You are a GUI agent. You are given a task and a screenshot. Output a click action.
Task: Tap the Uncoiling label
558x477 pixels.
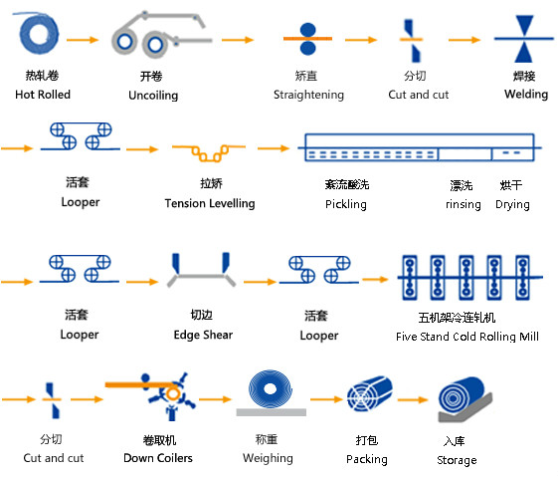point(153,96)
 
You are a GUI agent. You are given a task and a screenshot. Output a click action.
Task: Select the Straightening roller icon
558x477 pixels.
point(307,39)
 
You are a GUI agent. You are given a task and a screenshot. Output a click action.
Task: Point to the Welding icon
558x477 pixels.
point(524,39)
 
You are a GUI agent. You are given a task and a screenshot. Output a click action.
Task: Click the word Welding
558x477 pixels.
point(526,95)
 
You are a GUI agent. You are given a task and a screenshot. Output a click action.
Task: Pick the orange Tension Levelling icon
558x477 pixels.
point(209,152)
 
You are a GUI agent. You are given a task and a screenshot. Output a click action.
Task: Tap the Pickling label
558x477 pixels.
point(346,204)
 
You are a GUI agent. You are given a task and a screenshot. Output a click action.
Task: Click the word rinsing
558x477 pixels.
point(463,204)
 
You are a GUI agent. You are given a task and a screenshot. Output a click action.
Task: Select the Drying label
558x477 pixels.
point(512,204)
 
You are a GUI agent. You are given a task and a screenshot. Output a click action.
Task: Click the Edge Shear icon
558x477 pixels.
point(202,270)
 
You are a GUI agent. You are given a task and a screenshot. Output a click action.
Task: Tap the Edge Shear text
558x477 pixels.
point(203,335)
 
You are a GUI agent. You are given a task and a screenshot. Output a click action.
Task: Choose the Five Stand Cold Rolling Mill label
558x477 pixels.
point(467,337)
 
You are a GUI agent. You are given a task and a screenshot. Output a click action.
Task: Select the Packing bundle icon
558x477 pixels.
point(370,393)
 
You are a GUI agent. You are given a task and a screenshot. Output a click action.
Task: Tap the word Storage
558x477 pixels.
point(457,460)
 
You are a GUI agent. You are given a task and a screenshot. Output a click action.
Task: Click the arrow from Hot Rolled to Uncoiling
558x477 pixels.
point(83,40)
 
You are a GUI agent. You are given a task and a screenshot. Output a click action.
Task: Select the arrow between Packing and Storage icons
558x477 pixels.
point(413,400)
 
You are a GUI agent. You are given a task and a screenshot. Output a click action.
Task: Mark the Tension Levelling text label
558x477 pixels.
point(210,203)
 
